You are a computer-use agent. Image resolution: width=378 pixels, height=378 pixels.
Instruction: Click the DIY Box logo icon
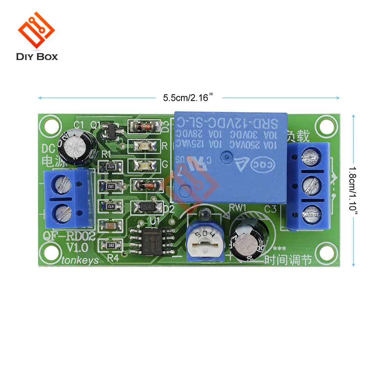pyautogui.click(x=37, y=32)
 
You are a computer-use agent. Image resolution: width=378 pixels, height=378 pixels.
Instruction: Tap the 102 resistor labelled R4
pyautogui.click(x=111, y=245)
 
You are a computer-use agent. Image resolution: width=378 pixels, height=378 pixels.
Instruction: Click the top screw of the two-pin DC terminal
pyautogui.click(x=63, y=185)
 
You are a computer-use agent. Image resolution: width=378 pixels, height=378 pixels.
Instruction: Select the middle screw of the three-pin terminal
pyautogui.click(x=312, y=185)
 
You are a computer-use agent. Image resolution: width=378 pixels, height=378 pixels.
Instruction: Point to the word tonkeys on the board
pyautogui.click(x=79, y=260)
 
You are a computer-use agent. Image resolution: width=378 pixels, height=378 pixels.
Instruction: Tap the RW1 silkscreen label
pyautogui.click(x=238, y=207)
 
